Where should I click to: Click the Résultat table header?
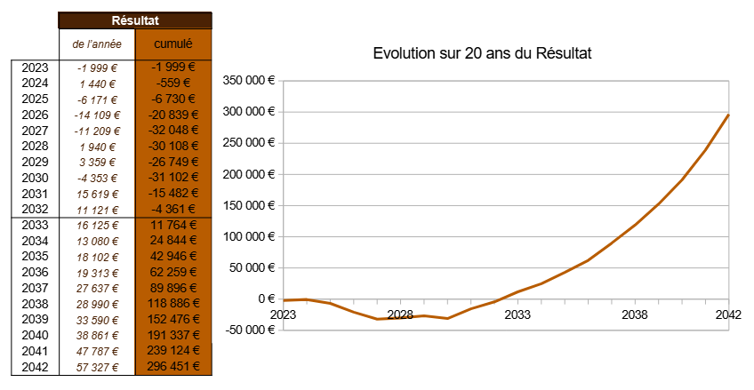pyautogui.click(x=135, y=20)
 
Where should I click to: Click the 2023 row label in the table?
pyautogui.click(x=35, y=67)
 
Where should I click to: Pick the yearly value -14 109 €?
pyautogui.click(x=97, y=115)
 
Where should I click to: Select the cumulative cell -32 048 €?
pyautogui.click(x=174, y=131)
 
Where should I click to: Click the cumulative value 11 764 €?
pyautogui.click(x=174, y=225)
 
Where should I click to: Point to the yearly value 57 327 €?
pyautogui.click(x=97, y=366)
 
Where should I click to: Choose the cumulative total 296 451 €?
pyautogui.click(x=174, y=366)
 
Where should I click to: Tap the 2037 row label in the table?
pyautogui.click(x=35, y=288)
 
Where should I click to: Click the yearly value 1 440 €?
pyautogui.click(x=97, y=83)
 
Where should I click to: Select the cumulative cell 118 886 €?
pyautogui.click(x=174, y=303)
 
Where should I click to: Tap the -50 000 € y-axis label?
pyautogui.click(x=248, y=330)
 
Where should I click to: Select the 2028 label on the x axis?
pyautogui.click(x=400, y=314)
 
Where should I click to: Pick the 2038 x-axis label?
pyautogui.click(x=634, y=314)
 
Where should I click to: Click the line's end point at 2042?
pyautogui.click(x=728, y=115)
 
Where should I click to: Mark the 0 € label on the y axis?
pyautogui.click(x=266, y=299)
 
